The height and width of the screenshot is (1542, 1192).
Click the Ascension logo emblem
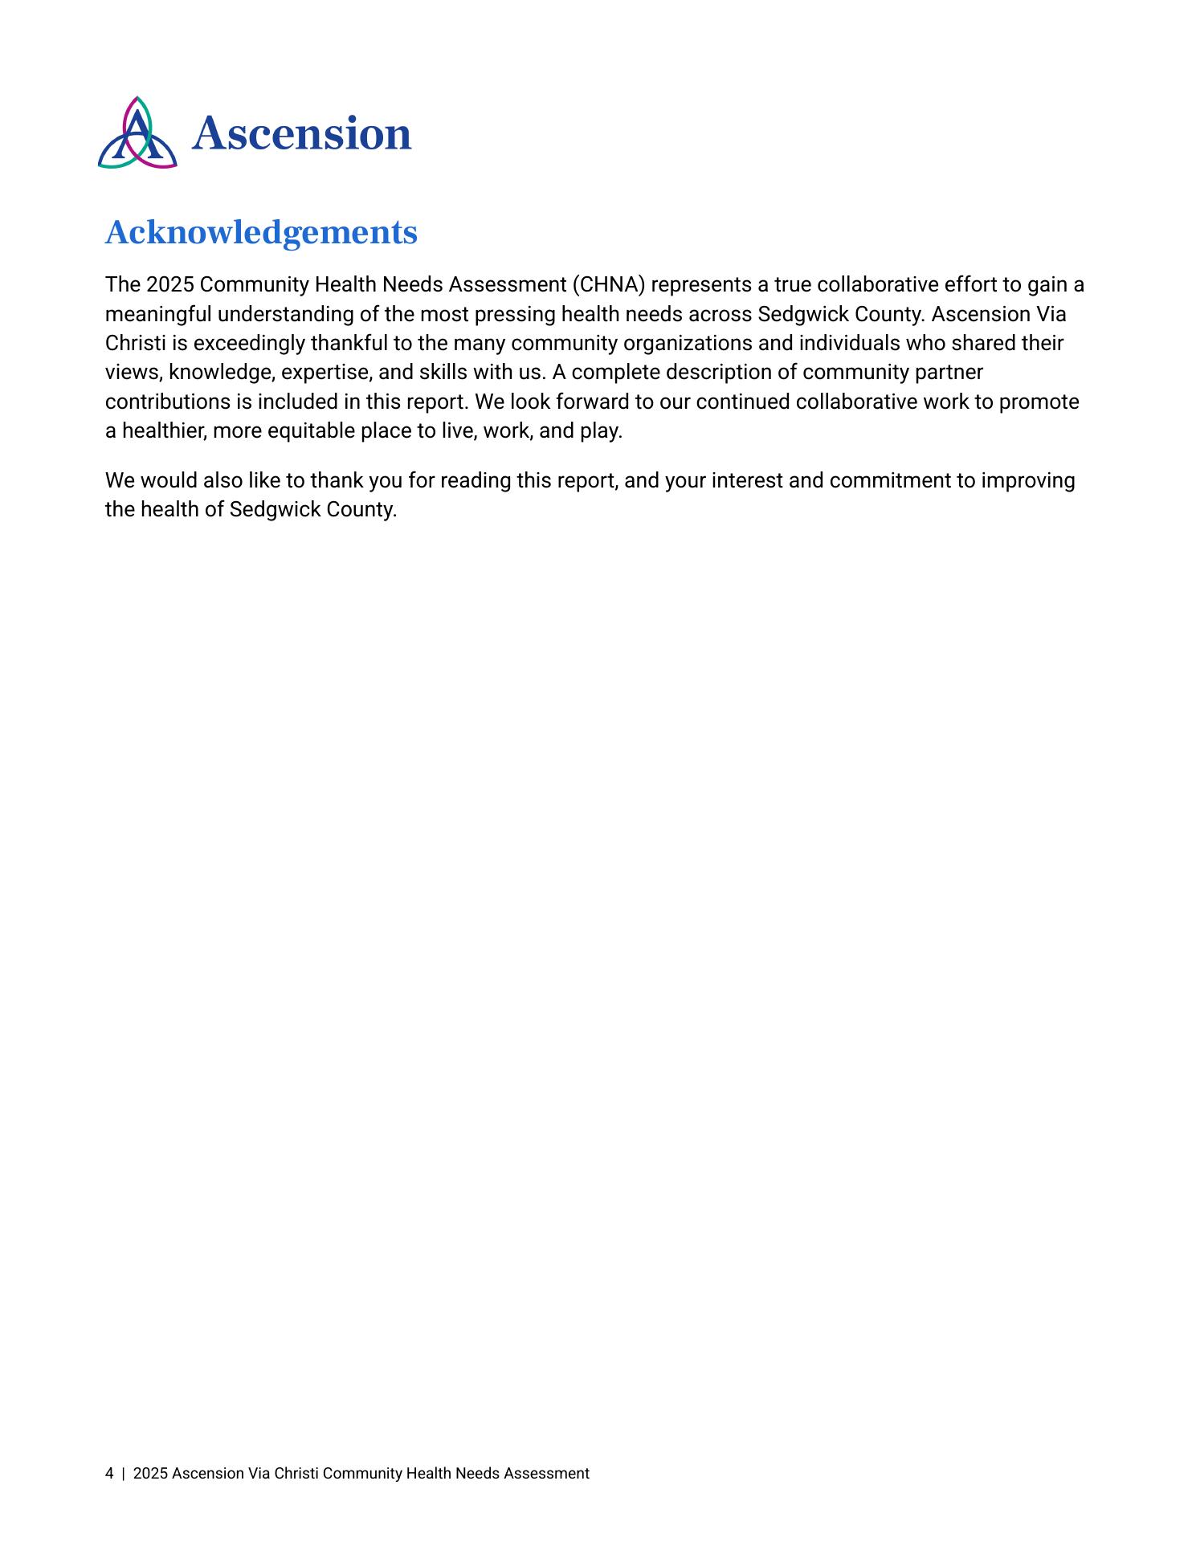137,133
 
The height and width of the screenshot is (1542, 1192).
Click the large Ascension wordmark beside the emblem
301,133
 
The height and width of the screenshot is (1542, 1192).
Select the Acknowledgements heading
261,233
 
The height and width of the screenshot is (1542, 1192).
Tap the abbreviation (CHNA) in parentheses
609,285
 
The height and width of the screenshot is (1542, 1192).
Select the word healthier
164,431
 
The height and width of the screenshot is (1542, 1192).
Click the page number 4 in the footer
109,1474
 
